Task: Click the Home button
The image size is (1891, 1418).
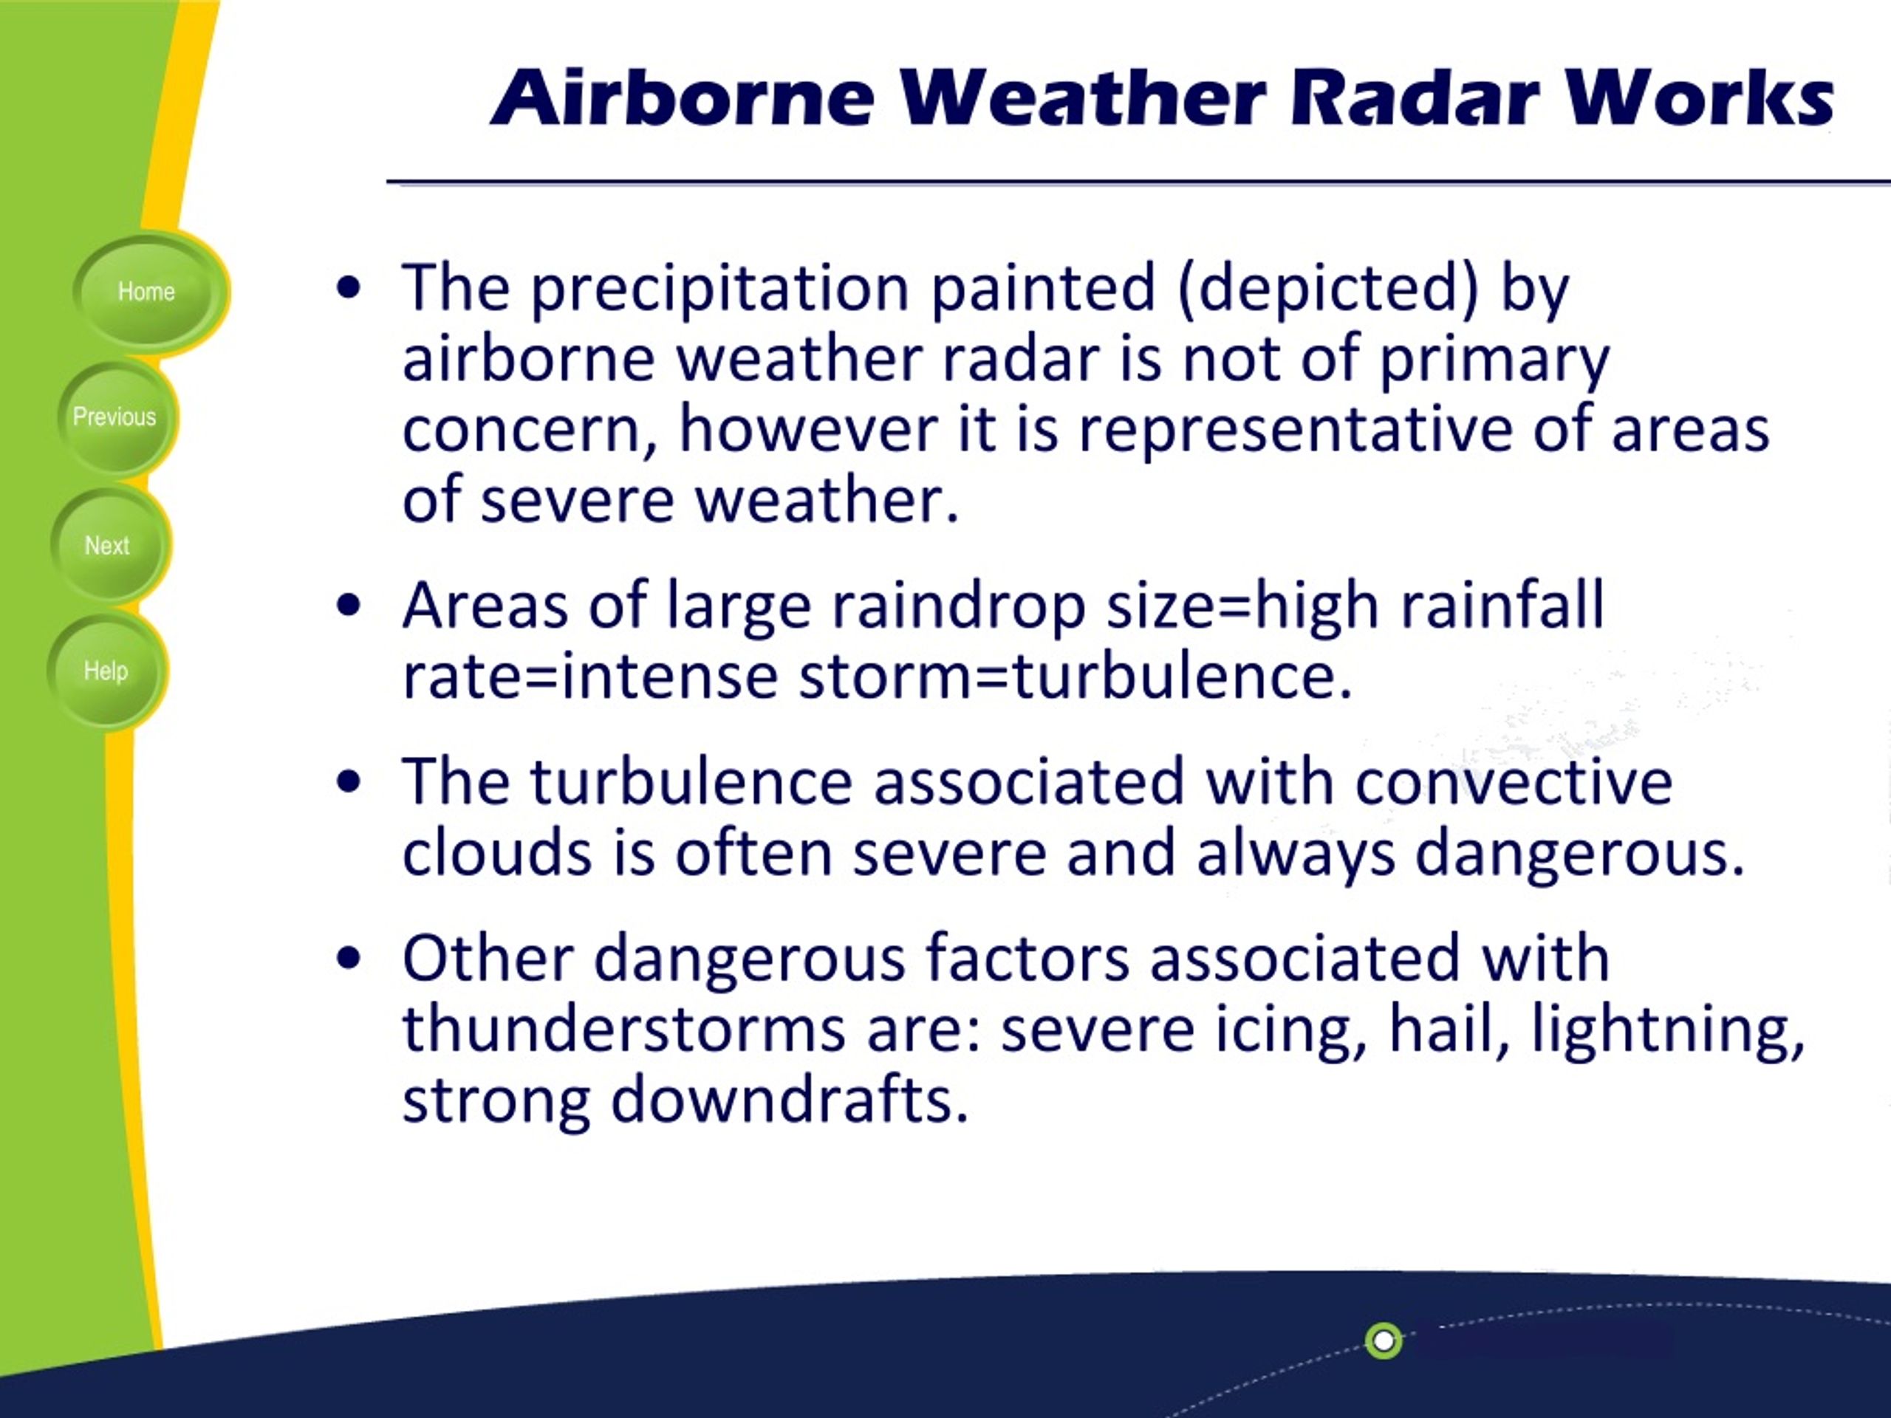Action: [x=146, y=292]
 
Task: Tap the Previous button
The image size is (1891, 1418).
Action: [x=114, y=417]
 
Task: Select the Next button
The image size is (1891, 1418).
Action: [x=108, y=545]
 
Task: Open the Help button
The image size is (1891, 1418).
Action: [x=106, y=671]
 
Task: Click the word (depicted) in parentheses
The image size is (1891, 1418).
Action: [x=1327, y=289]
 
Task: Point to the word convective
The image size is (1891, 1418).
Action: [x=1513, y=782]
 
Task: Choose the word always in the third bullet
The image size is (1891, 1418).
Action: [x=1295, y=854]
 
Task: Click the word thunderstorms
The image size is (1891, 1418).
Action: [x=624, y=1028]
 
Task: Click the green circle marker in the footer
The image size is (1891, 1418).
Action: [x=1384, y=1340]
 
